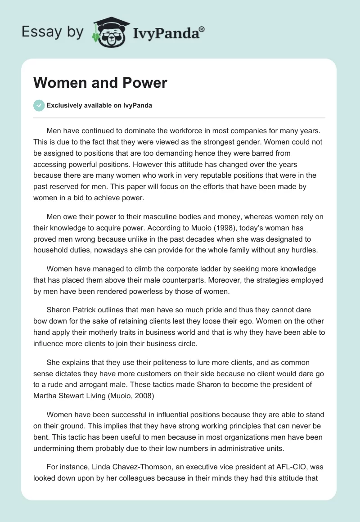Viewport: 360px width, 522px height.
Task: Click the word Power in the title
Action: pyautogui.click(x=146, y=83)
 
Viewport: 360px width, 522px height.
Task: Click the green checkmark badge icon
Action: pyautogui.click(x=39, y=105)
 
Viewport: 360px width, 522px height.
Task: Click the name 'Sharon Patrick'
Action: pyautogui.click(x=70, y=310)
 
